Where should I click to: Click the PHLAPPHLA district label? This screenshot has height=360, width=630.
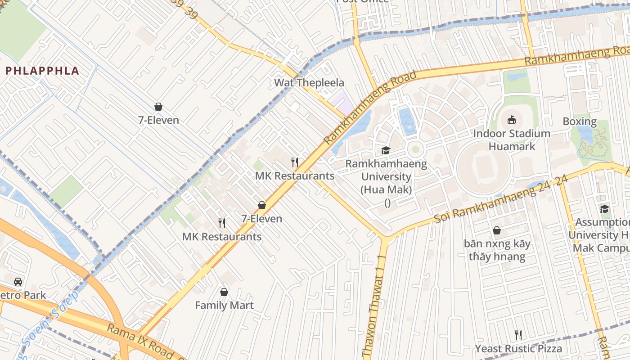point(42,71)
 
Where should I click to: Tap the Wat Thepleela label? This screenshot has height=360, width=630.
point(309,83)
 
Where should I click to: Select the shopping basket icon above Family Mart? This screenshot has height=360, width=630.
point(224,292)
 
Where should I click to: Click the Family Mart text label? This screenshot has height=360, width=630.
point(224,305)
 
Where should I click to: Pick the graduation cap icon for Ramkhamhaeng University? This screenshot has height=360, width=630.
point(386,150)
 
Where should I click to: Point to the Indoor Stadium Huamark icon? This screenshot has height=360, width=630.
point(512,120)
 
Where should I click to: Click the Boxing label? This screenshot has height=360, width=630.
point(580,121)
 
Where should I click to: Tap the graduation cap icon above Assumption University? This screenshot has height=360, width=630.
point(604,209)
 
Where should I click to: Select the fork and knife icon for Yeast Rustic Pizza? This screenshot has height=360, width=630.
point(518,335)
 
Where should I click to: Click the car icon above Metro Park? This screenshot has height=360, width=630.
point(18,282)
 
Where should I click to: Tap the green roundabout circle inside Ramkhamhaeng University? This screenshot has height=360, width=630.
point(415,149)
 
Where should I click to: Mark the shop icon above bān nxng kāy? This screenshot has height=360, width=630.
point(497,230)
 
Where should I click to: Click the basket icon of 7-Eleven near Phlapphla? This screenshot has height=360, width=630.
point(158,107)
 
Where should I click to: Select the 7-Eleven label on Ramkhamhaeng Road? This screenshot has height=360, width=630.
point(262,219)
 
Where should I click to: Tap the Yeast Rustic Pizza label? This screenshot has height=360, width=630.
point(518,349)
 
